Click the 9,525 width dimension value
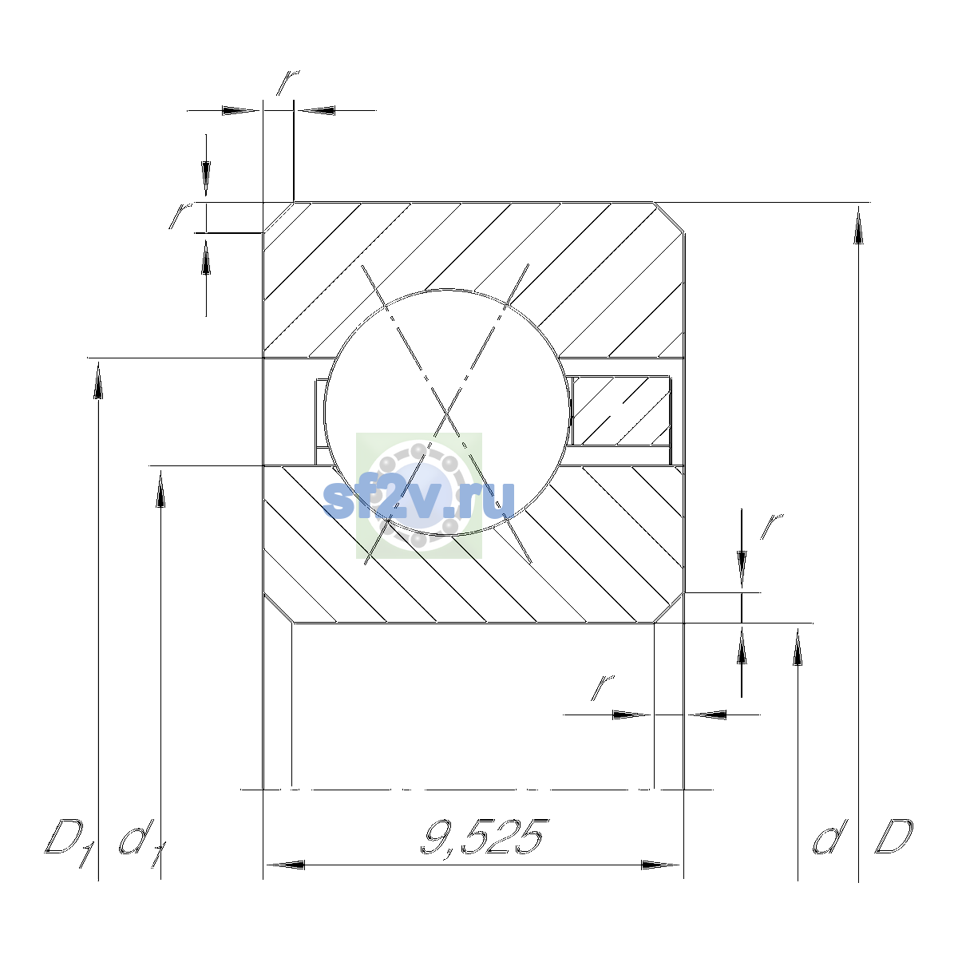(485, 837)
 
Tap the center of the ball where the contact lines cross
(447, 413)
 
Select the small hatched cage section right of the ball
(621, 412)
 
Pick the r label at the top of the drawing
(287, 82)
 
